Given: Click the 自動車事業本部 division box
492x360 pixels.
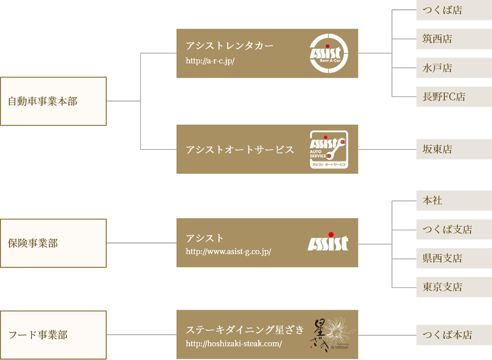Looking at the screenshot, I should [x=53, y=102].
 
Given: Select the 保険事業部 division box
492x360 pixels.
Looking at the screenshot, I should [x=53, y=243].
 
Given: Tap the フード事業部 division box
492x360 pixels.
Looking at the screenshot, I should [x=53, y=335].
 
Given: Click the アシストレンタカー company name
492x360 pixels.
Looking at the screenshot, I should [x=229, y=46].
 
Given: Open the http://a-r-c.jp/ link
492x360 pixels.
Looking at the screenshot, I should [x=210, y=61].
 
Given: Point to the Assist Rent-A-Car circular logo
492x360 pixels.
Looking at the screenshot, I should [x=329, y=53].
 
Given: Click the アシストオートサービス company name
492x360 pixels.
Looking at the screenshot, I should [x=240, y=150].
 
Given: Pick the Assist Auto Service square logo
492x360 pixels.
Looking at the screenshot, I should [x=329, y=150].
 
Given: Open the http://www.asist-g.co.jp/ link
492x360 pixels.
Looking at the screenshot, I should [x=228, y=252].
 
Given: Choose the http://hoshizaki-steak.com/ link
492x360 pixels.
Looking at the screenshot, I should [x=234, y=343].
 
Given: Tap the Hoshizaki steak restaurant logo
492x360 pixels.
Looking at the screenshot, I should [x=334, y=334].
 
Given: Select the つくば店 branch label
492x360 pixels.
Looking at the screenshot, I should [x=442, y=10].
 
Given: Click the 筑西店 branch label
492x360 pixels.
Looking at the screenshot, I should [x=437, y=39].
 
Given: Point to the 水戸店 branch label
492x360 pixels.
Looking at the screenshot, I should [x=437, y=68].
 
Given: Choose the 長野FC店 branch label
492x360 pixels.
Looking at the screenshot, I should [x=444, y=96].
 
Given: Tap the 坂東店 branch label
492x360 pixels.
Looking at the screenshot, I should [x=437, y=149].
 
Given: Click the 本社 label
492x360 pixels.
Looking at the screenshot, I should [x=432, y=200].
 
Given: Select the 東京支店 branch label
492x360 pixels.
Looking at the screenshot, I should [x=442, y=287].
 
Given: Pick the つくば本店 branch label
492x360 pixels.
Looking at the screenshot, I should [x=447, y=335].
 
